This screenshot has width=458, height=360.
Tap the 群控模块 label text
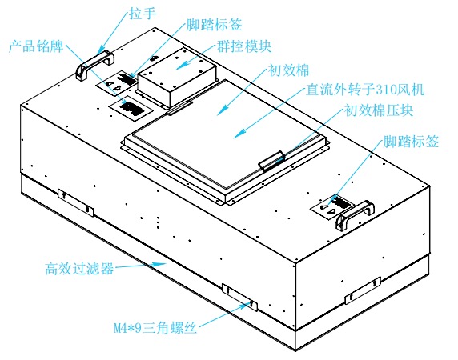pos(243,47)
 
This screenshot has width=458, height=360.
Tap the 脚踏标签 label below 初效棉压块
pos(409,142)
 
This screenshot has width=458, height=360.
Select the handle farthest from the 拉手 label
pos(356,214)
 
